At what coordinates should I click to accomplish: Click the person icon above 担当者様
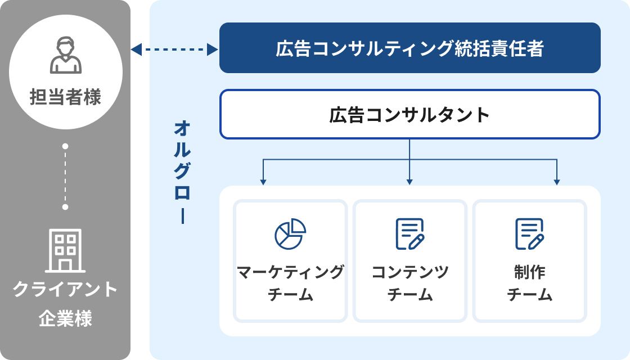click(x=66, y=55)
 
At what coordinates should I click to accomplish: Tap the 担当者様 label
click(x=66, y=97)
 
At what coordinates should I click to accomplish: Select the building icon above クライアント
click(x=65, y=250)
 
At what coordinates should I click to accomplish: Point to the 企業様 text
click(x=65, y=319)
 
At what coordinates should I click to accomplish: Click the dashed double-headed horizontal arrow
click(x=174, y=50)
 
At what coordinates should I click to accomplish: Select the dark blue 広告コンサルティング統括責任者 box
click(x=409, y=48)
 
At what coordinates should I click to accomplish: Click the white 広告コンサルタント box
click(x=409, y=115)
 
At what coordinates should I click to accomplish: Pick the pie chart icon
click(x=290, y=233)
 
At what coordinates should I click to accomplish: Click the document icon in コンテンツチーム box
click(x=409, y=233)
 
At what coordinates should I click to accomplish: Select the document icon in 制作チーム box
click(x=529, y=233)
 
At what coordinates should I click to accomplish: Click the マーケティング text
click(x=290, y=272)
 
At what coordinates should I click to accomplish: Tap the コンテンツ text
click(x=409, y=272)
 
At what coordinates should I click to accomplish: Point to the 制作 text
click(x=529, y=272)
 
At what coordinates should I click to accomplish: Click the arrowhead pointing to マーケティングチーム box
click(x=263, y=181)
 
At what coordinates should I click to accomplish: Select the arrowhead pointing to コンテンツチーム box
click(x=409, y=181)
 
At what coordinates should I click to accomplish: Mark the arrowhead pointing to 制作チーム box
click(x=557, y=181)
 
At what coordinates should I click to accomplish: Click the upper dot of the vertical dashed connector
click(x=65, y=146)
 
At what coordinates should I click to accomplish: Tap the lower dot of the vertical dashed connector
click(x=65, y=207)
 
